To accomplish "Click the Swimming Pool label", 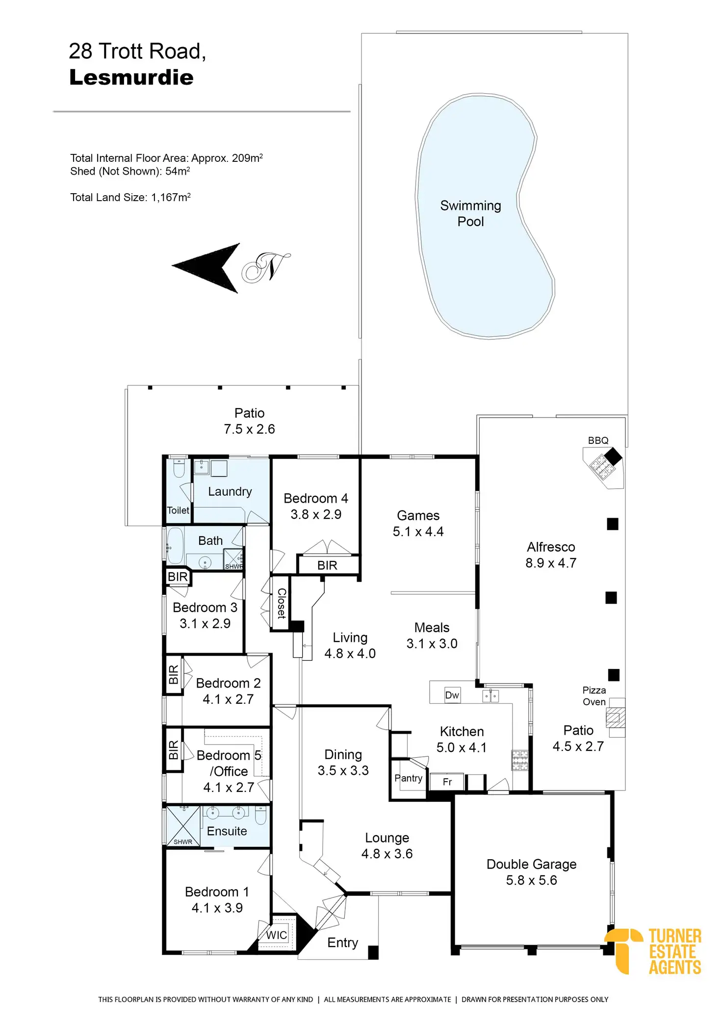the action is (470, 213).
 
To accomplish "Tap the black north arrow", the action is (208, 268).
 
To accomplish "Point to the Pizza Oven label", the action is (594, 696).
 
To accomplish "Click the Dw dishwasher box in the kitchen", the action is (452, 695).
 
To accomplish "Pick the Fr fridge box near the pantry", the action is (447, 782).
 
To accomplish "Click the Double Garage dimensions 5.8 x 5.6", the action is (531, 880).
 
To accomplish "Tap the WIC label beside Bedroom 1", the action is (276, 935).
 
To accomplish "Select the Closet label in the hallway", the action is (282, 603).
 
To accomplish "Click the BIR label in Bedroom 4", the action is (327, 565).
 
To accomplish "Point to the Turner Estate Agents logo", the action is (655, 951).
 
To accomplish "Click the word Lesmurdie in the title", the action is (131, 77).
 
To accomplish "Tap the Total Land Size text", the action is (130, 197).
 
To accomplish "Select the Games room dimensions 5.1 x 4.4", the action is (418, 532).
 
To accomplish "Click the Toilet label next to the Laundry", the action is (178, 510).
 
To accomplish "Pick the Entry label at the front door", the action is (342, 943).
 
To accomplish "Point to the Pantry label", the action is (408, 778).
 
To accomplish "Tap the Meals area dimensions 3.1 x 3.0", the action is (432, 643).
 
